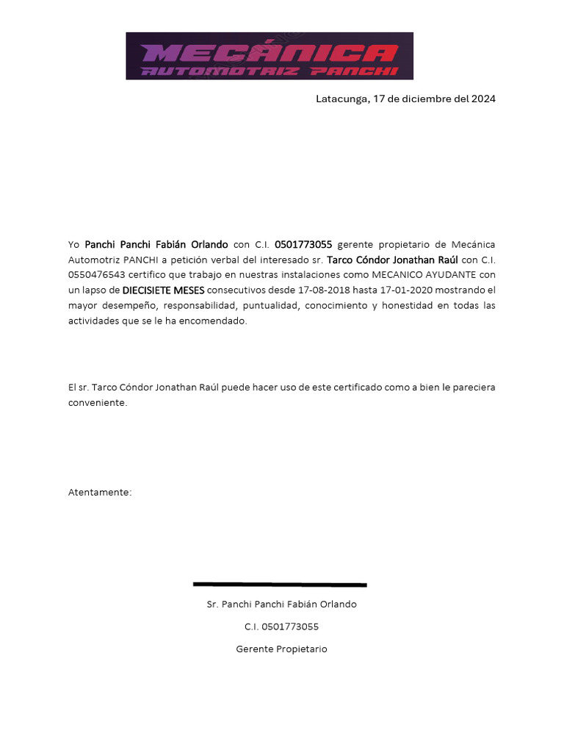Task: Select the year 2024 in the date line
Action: (x=483, y=99)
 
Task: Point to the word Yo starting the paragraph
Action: (x=73, y=244)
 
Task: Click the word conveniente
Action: (x=98, y=403)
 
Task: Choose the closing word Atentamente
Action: (x=99, y=492)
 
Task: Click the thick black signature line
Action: (x=280, y=585)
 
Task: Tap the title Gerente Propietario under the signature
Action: (x=281, y=649)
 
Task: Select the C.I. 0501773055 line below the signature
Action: (x=281, y=627)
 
